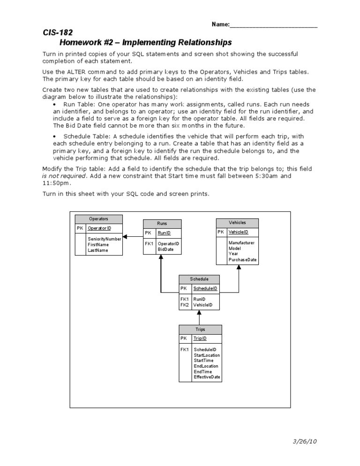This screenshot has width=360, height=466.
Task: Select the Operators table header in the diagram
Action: coord(98,219)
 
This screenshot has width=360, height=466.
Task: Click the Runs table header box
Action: coord(162,224)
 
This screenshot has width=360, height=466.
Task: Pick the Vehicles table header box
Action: coord(237,223)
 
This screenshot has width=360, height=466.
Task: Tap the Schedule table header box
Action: coord(199,279)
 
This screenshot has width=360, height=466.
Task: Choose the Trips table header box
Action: coord(200,329)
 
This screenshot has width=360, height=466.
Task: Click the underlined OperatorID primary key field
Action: coord(99,228)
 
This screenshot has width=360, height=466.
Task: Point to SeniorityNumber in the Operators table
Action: coord(104,239)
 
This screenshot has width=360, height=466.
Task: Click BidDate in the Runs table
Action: coord(165,249)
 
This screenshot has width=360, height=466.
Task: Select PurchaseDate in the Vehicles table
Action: coord(242,259)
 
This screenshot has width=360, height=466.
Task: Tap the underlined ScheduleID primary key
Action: coord(205,288)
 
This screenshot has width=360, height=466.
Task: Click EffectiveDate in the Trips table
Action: coord(207,377)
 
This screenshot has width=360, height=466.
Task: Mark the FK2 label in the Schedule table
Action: coord(185,305)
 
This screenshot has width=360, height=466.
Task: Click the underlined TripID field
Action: coord(200,338)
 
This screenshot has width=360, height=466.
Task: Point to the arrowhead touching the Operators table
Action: coord(125,236)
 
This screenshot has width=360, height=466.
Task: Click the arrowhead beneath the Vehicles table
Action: coord(239,267)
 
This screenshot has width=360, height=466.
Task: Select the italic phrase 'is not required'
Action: coord(64,176)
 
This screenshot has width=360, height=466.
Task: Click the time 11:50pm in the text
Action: coord(55,183)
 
